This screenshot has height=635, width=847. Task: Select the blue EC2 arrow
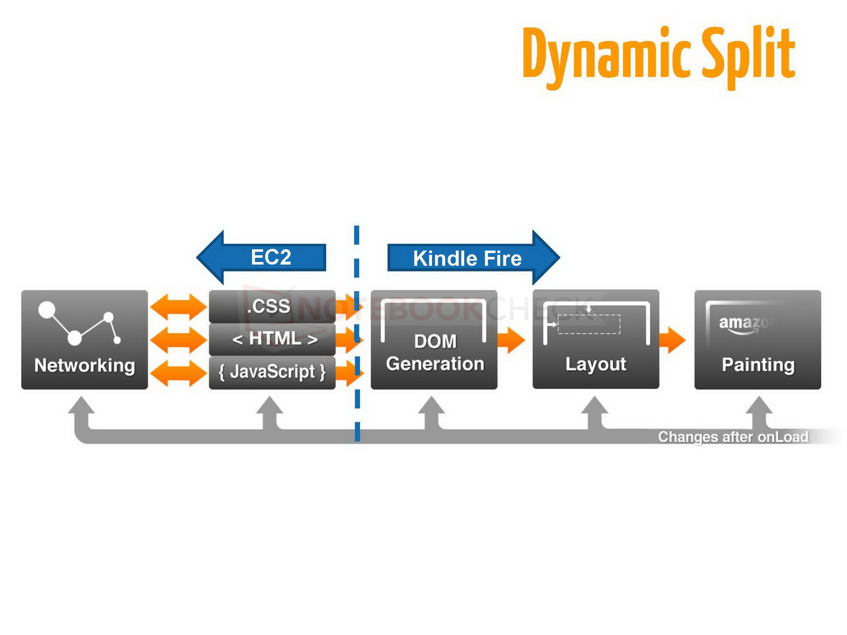point(262,257)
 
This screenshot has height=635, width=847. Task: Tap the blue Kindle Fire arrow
point(473,258)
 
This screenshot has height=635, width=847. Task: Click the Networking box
point(85,340)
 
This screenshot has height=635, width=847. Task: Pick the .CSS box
point(272,306)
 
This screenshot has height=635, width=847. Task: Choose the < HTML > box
point(272,339)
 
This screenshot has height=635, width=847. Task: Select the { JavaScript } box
point(272,373)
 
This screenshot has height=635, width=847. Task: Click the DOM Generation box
point(434,340)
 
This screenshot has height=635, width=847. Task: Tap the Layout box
point(596,339)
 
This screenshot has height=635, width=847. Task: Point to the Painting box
point(758,340)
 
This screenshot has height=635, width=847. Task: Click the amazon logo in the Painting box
point(743,325)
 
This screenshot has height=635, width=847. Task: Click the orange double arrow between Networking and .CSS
point(178,307)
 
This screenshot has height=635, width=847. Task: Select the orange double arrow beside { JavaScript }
point(178,373)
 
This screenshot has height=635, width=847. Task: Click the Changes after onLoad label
point(733,437)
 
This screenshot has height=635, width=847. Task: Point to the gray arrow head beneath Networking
point(82,405)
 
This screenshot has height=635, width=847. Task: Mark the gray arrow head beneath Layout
point(594,405)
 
